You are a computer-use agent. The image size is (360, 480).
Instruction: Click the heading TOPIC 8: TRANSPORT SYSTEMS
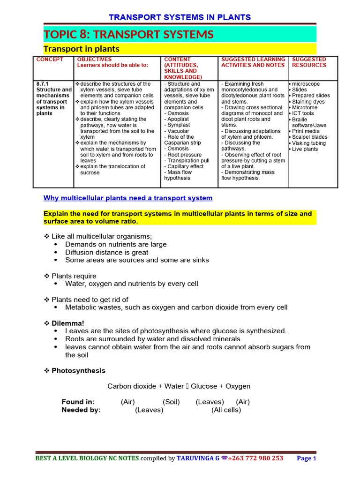[129, 34]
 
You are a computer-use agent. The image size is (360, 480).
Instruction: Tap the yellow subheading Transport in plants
[81, 49]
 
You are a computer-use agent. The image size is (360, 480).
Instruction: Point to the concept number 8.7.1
[43, 84]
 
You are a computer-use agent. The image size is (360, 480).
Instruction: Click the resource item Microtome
[304, 107]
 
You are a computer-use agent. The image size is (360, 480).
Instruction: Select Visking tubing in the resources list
[308, 143]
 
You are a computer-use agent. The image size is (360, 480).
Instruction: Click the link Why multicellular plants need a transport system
[128, 198]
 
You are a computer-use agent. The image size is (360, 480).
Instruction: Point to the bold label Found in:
[78, 402]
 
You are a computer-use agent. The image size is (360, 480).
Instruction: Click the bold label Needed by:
[81, 410]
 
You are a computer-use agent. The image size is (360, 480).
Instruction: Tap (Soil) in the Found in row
[171, 402]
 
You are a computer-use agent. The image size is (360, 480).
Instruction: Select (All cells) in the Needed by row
[226, 410]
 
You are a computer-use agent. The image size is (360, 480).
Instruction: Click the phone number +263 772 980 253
[255, 458]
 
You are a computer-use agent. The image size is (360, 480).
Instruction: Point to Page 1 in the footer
[307, 458]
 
